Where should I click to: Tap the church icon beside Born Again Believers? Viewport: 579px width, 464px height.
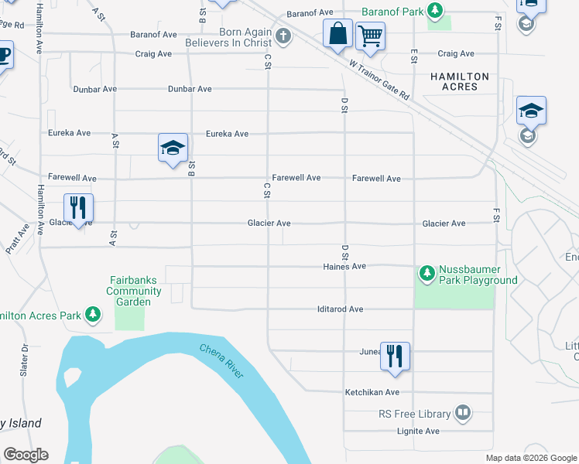(x=284, y=36)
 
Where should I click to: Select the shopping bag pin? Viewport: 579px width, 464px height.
(x=337, y=35)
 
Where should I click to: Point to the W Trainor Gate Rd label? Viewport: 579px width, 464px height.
(x=379, y=80)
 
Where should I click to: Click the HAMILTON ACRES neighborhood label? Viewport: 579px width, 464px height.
(x=460, y=82)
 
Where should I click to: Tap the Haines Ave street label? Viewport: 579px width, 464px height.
(x=344, y=266)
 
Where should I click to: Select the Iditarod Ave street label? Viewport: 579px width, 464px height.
(x=340, y=309)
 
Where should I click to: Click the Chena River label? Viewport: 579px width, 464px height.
(x=221, y=361)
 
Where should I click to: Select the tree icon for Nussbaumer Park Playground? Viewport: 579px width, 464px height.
(x=427, y=273)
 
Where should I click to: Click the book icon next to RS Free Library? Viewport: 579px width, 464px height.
(x=463, y=413)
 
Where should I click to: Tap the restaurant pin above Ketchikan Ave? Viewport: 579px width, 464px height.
(x=395, y=357)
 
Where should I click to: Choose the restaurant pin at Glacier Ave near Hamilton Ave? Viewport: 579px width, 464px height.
(x=78, y=208)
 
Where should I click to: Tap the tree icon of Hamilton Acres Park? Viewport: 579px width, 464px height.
(x=93, y=315)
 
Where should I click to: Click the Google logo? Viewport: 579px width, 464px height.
(x=26, y=455)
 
